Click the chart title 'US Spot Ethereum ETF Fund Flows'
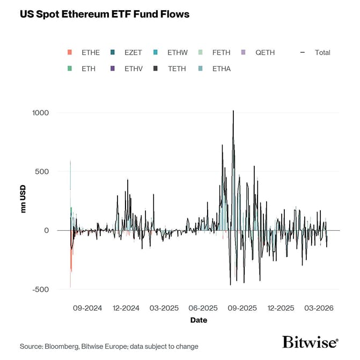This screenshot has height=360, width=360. coord(105,14)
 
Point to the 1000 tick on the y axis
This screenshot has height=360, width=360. coord(40,113)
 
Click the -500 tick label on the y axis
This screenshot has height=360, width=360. coord(40,290)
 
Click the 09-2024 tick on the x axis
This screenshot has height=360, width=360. coord(87,308)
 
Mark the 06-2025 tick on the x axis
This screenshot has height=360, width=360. coord(203,308)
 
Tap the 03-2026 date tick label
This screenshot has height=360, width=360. coord(320,308)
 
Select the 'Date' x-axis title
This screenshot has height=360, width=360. coord(199,320)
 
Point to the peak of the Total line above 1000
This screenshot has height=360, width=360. coord(233,111)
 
